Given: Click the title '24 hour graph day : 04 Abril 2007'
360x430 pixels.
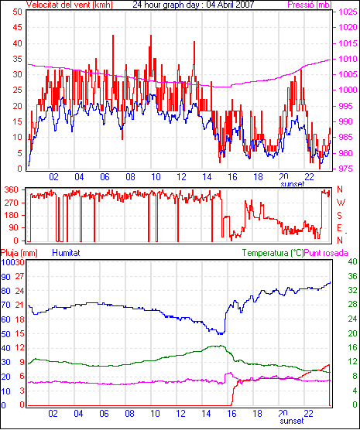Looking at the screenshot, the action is coord(194,5).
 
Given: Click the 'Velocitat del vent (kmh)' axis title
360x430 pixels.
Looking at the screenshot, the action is coord(70,5).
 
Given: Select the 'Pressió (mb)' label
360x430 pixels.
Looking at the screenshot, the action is coord(310,5).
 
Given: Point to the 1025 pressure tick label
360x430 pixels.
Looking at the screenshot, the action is coord(348,12).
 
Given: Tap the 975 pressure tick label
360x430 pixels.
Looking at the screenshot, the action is coord(348,169).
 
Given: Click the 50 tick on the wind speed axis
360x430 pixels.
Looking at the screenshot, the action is coord(17,12).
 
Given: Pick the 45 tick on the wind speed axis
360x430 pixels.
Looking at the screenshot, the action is coord(17,27).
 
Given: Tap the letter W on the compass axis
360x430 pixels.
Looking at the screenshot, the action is coord(341,203).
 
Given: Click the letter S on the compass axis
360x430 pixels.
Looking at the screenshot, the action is coord(339,216).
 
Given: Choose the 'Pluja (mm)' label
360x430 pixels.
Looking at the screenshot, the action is coord(19,253).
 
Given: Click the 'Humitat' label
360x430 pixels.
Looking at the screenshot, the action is coord(66,253).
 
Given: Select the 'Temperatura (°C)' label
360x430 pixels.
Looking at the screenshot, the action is coord(273,253).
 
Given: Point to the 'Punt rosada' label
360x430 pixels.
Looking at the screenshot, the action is coord(326,253).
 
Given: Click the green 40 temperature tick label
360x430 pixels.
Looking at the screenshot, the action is coord(352,261).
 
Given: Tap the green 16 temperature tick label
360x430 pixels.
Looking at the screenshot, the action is coord(352,347).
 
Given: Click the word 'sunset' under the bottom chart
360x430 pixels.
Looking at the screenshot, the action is coord(292,421).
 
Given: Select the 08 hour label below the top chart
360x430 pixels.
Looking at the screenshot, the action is coord(130,177).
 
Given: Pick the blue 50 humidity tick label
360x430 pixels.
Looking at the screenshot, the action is coord(5,334).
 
